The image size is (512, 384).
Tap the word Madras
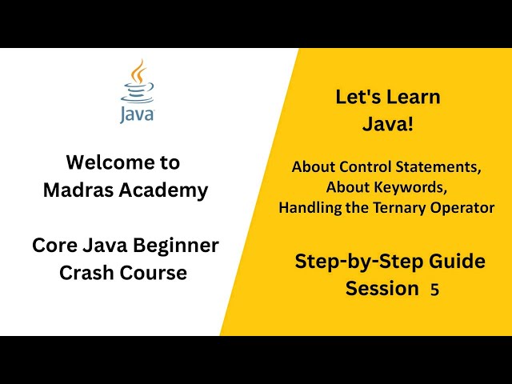(74, 190)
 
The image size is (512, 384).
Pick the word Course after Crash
(156, 273)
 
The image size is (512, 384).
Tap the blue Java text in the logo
(137, 114)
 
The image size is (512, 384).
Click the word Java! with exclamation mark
(387, 125)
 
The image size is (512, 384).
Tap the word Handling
(309, 208)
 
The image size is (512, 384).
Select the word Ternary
(402, 208)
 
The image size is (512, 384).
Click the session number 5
(434, 290)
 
